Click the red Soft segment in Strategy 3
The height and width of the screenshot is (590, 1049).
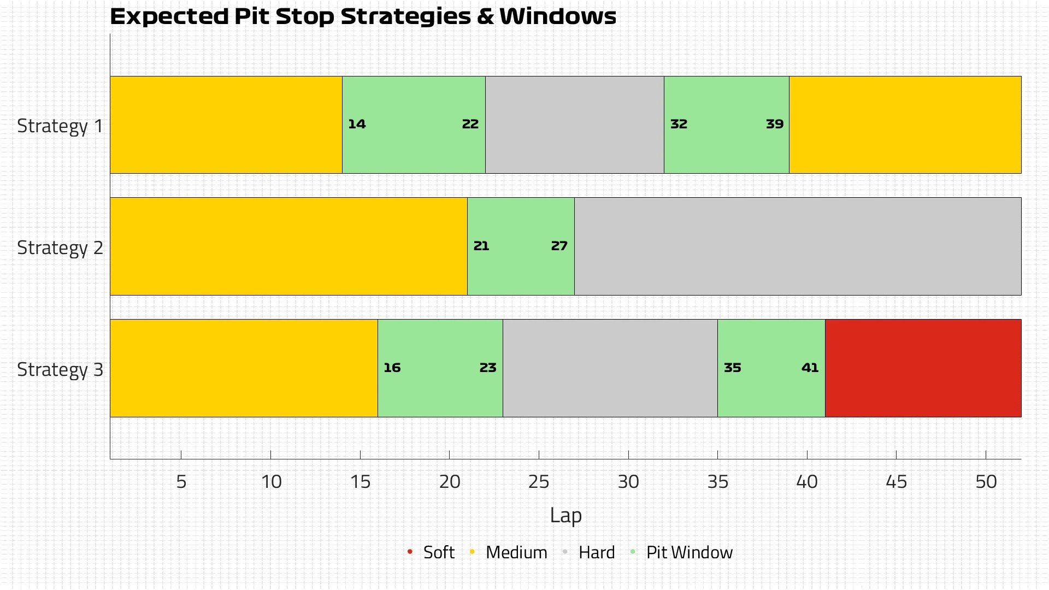click(x=923, y=368)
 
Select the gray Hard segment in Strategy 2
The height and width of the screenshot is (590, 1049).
click(x=798, y=246)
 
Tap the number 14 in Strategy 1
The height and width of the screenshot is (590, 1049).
click(x=357, y=125)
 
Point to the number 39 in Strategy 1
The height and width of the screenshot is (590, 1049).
click(x=775, y=125)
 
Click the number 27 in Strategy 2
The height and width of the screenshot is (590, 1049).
click(x=559, y=246)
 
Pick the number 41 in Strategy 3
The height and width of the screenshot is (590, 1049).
click(x=810, y=368)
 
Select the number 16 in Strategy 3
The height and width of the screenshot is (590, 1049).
click(x=392, y=368)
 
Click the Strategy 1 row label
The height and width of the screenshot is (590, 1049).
click(x=60, y=126)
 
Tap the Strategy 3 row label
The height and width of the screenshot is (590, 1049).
click(x=60, y=370)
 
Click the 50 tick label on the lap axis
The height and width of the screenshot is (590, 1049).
click(x=986, y=482)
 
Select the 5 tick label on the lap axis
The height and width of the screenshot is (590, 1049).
click(x=181, y=482)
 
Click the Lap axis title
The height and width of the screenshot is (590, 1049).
click(x=565, y=516)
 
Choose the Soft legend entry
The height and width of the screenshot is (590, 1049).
click(x=438, y=553)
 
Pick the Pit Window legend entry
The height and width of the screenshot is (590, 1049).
click(x=689, y=553)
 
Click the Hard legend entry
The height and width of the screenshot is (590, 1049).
click(x=596, y=553)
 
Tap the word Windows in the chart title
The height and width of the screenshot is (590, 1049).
click(x=558, y=17)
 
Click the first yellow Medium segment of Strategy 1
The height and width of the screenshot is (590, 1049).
click(x=226, y=125)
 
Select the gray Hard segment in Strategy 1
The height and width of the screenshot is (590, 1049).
click(x=575, y=125)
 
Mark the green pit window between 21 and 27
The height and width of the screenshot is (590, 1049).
click(x=520, y=268)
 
